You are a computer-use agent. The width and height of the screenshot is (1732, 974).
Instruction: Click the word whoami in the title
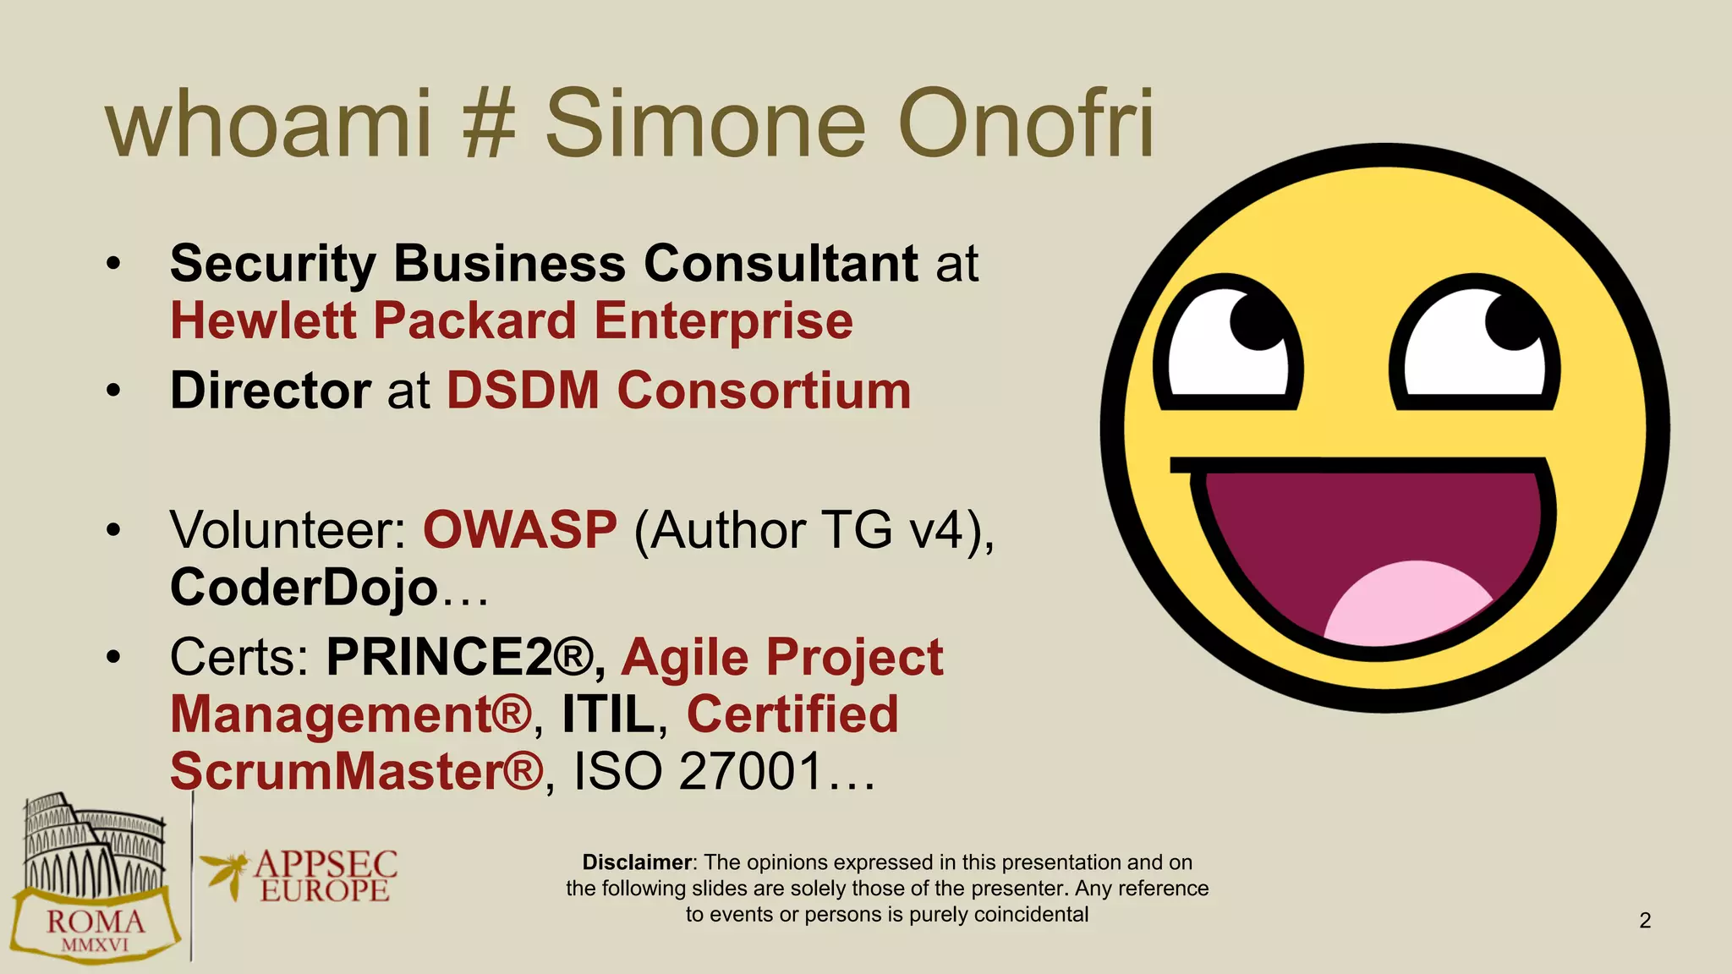point(269,124)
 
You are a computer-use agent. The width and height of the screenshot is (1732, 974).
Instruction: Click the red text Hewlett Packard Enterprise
point(512,321)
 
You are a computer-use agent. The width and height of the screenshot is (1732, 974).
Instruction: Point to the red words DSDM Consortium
point(678,391)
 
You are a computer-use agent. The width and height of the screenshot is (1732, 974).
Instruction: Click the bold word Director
point(270,391)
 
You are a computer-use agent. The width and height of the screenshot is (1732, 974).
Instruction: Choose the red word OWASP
point(519,530)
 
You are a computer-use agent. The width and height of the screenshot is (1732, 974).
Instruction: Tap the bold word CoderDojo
point(304,587)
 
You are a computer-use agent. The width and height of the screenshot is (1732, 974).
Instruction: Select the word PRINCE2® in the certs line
point(460,657)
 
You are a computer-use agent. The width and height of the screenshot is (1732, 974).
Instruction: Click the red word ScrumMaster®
point(356,771)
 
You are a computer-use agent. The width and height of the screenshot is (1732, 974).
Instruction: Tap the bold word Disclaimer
point(637,862)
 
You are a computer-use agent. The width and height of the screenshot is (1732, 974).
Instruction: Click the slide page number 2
point(1645,920)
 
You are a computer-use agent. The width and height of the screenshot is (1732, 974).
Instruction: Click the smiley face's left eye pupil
point(1258,320)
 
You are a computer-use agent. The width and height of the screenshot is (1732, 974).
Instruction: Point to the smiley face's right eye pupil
point(1514,320)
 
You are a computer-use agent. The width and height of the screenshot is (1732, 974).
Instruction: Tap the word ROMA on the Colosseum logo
point(95,922)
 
